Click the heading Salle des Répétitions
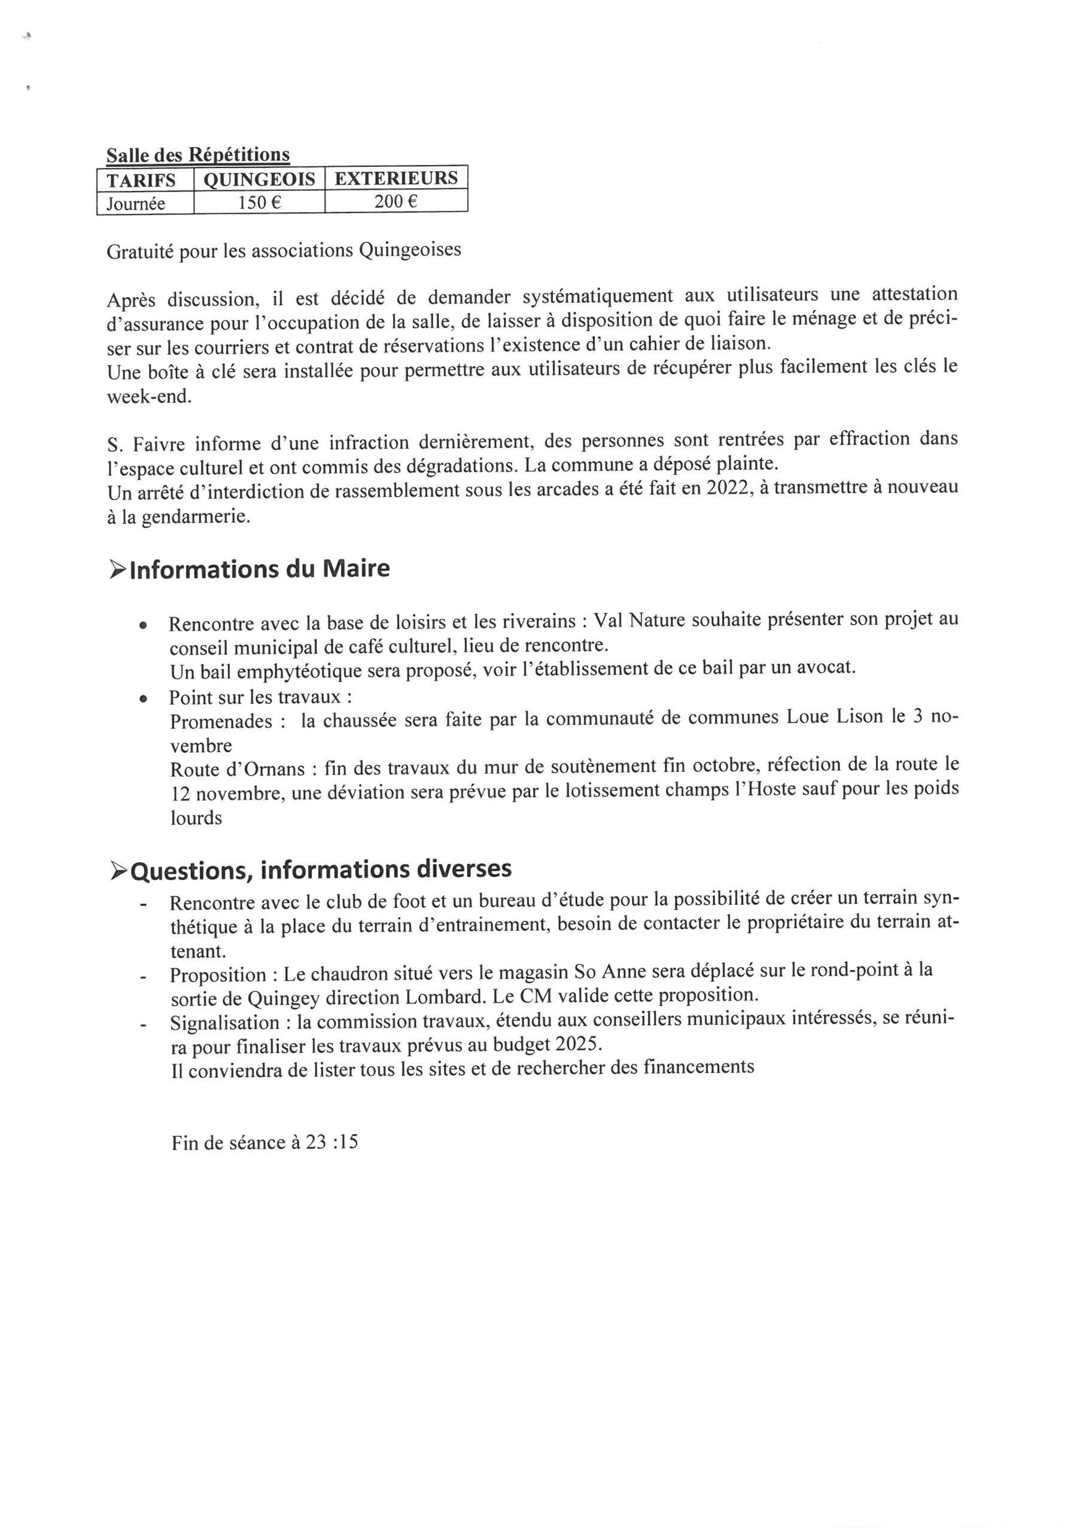point(197,155)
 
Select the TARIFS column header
point(141,180)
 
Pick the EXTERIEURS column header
point(396,178)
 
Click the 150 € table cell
point(259,202)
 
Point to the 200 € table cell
point(396,201)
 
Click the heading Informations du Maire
point(259,569)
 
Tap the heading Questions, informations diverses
point(320,870)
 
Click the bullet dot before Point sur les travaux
point(142,698)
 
